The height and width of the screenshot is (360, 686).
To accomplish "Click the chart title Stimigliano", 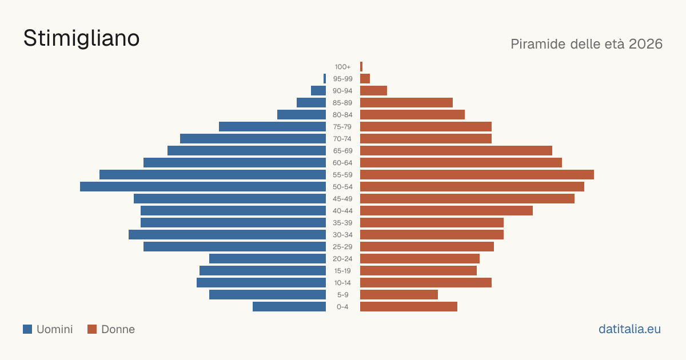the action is click(81, 39).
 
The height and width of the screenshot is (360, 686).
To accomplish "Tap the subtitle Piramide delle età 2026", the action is click(587, 44).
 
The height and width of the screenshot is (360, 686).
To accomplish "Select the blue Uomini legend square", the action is click(27, 329).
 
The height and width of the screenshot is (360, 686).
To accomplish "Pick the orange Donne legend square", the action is click(92, 329).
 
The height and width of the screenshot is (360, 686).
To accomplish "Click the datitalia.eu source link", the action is click(629, 329).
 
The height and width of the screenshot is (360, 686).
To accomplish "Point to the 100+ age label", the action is click(342, 67).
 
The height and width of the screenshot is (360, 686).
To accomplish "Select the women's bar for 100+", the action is click(361, 67).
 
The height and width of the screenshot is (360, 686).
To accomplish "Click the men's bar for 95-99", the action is click(325, 79).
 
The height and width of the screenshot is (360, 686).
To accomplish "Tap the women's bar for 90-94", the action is click(374, 91).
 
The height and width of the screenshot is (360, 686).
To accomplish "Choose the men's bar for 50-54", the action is click(203, 187).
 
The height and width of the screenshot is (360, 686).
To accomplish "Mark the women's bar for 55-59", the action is click(477, 175).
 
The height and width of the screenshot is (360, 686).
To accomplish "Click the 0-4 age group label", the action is click(342, 307).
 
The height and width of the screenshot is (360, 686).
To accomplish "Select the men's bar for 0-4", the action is click(289, 307).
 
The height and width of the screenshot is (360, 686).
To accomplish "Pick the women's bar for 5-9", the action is click(399, 295).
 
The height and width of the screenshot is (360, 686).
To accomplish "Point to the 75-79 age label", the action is click(342, 127).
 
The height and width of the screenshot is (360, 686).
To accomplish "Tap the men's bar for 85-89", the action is click(311, 102).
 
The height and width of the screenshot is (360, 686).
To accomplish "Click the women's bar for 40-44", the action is click(446, 211).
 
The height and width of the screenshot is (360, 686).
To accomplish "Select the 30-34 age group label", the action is click(342, 235).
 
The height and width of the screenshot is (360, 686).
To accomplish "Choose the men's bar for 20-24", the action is click(268, 259).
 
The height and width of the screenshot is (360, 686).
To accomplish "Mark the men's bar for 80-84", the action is click(302, 115).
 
